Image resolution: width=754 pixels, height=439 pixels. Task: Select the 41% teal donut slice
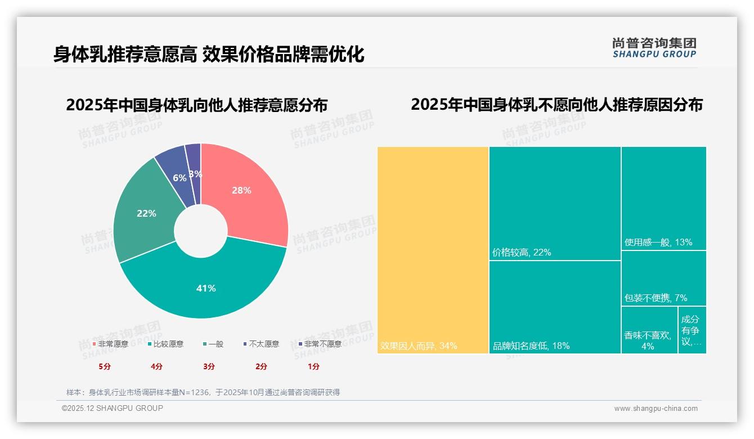(x=206, y=287)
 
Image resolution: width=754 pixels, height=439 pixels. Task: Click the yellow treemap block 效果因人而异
(x=432, y=248)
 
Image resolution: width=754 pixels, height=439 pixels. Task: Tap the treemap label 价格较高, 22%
(x=522, y=253)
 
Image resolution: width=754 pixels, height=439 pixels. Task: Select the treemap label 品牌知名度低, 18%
(x=531, y=346)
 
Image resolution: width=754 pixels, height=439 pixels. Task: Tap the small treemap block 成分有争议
(x=692, y=330)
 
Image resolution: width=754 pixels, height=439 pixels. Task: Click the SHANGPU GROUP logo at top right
(x=654, y=48)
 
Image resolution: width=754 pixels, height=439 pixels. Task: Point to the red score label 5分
(x=105, y=366)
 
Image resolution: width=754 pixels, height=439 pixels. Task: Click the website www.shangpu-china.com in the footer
(x=656, y=409)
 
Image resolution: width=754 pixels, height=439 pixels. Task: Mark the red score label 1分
(x=313, y=366)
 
